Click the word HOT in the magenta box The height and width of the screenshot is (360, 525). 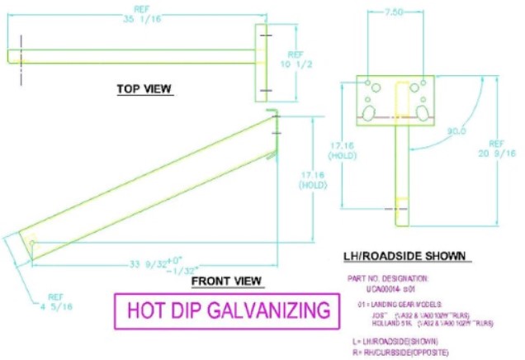click(146, 310)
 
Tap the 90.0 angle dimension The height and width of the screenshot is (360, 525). click(456, 131)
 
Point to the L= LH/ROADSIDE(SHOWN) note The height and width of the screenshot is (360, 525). click(394, 341)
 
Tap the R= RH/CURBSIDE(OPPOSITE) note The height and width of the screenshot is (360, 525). click(400, 349)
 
